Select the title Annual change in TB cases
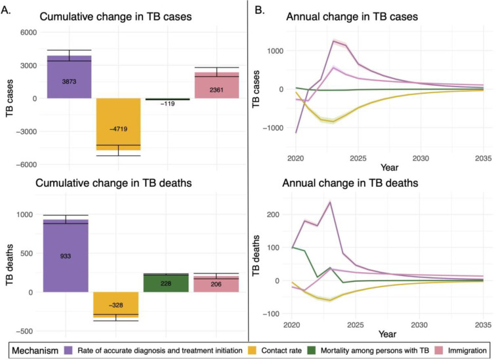pos(352,15)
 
